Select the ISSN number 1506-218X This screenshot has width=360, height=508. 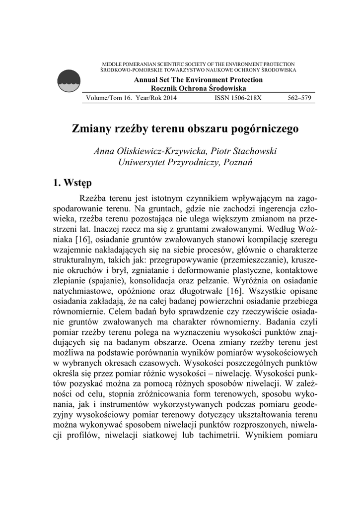point(237,98)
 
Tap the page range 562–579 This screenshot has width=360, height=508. point(299,98)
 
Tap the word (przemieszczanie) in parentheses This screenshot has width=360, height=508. point(246,261)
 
